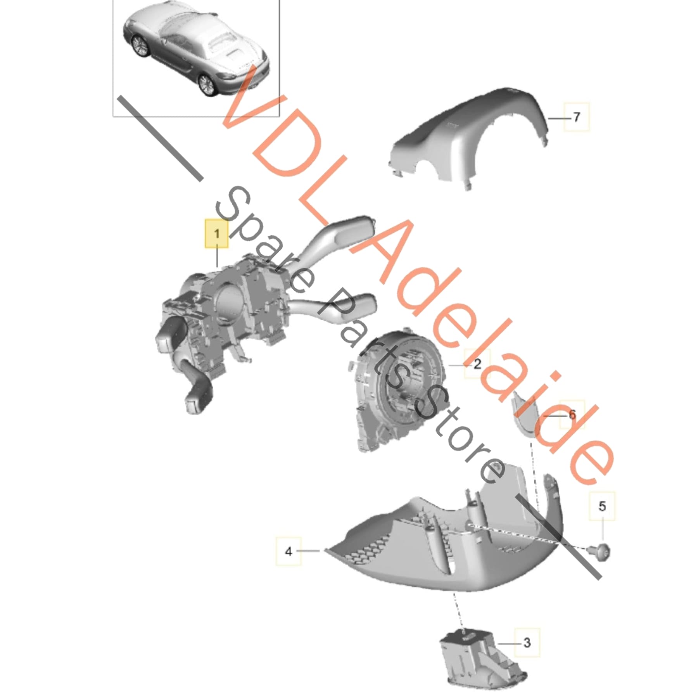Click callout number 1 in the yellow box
point(217,233)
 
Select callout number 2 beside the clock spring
point(477,363)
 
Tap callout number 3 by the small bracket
point(527,643)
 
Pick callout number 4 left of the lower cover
point(288,551)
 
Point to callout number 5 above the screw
point(602,506)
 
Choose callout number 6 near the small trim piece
point(572,415)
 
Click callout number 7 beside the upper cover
point(576,116)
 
